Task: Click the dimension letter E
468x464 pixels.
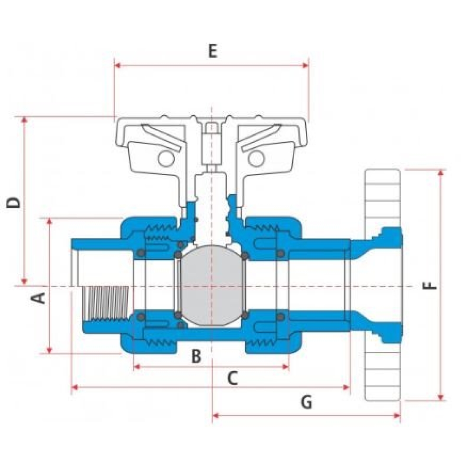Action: (212, 51)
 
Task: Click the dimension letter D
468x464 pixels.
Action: (14, 203)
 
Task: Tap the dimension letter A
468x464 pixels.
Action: (39, 298)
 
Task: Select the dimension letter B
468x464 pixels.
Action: (196, 356)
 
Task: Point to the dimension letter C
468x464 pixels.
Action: (233, 378)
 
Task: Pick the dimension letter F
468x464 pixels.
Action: (430, 286)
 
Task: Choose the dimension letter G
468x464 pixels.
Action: (306, 402)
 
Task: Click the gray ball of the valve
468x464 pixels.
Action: (212, 286)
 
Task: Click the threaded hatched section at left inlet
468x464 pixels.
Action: (106, 303)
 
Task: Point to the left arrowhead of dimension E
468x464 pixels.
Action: (117, 65)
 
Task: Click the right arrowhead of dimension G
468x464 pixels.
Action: (397, 415)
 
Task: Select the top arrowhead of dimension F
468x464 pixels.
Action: (441, 172)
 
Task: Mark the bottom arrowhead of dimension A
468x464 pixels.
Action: (50, 350)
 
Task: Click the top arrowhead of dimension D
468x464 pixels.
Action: (24, 120)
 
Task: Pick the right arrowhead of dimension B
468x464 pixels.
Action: (286, 367)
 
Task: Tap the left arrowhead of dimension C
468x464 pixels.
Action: (75, 387)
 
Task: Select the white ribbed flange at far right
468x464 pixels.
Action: (382, 285)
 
